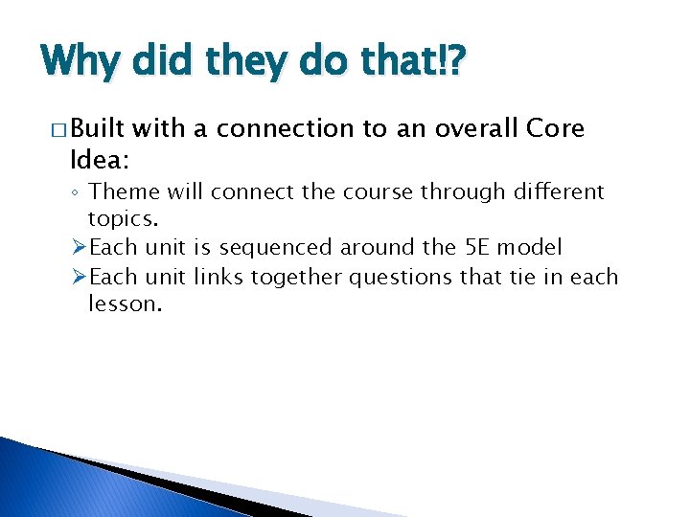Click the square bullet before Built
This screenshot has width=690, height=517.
[50, 130]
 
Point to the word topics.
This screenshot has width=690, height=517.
[123, 218]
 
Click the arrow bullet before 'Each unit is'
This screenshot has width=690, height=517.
[80, 247]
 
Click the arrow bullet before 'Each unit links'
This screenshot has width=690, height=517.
[80, 277]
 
